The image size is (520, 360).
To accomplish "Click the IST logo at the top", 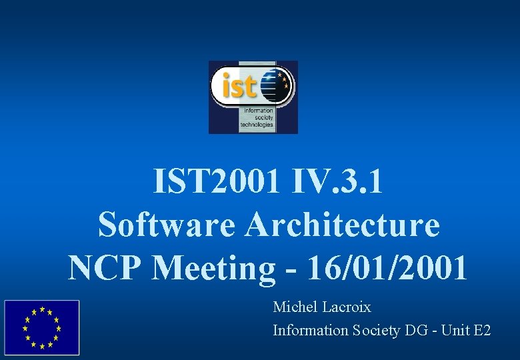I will [253, 97].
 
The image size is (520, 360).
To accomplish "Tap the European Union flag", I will [41, 327].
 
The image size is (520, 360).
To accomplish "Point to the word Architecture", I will [343, 225].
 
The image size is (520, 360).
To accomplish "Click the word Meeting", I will [213, 267].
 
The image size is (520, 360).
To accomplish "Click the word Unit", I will [457, 330].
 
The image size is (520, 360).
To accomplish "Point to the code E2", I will [481, 330].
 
